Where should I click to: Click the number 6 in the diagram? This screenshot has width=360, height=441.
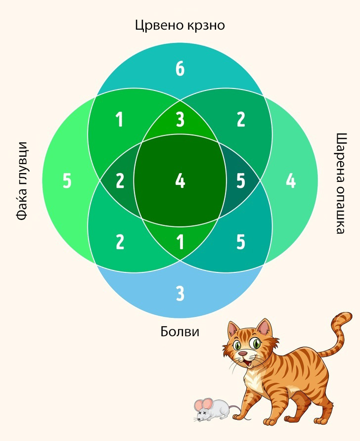coord(180,69)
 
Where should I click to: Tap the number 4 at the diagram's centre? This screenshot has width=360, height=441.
coord(180,181)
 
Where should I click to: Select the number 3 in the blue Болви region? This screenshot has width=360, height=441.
coord(180,294)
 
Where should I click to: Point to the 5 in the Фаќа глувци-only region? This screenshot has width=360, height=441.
coord(67,181)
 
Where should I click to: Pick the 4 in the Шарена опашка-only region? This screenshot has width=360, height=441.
coord(291,181)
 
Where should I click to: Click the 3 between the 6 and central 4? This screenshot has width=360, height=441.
coord(180,120)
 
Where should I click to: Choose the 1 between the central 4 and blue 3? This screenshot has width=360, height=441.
coord(180,242)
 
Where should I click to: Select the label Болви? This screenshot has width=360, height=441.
coord(180,331)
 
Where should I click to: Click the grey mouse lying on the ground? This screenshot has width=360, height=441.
coord(214,408)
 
